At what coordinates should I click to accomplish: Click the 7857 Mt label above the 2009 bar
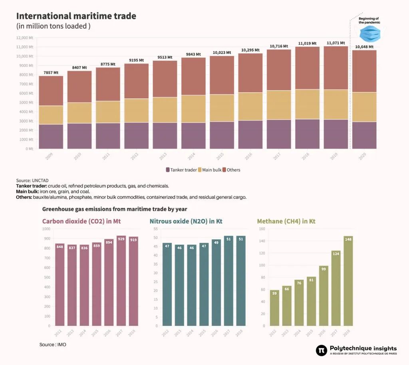click(x=51, y=73)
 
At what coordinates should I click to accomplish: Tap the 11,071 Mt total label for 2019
click(x=335, y=43)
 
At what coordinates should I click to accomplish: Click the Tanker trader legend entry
click(x=181, y=170)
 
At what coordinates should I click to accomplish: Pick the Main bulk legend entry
click(x=210, y=170)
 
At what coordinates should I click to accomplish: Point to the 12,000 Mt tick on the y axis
click(x=25, y=38)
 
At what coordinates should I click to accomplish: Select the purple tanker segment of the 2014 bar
click(x=194, y=136)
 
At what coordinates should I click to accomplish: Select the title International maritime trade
click(x=76, y=16)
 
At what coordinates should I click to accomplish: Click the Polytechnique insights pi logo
click(x=321, y=350)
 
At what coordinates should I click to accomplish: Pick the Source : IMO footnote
click(x=53, y=344)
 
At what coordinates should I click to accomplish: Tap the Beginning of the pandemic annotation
click(x=369, y=20)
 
